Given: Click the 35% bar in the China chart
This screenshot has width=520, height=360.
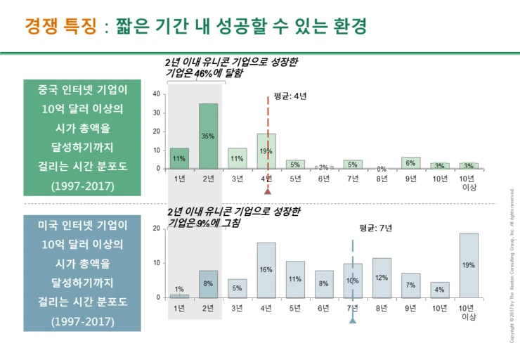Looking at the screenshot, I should point(208,136).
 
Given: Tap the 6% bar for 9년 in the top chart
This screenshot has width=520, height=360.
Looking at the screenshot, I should point(411,162).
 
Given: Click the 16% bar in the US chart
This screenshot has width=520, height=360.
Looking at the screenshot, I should point(266,270).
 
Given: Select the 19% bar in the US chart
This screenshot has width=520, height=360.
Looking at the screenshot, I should point(469,265).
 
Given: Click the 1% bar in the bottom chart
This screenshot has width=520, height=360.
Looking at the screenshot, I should point(179,296).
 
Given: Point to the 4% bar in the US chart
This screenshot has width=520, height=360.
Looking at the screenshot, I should point(440,290).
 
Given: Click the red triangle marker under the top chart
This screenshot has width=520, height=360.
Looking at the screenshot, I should point(268,190).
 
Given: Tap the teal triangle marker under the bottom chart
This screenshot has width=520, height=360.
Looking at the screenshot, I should point(353,321).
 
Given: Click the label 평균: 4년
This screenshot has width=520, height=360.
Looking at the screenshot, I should point(290,96).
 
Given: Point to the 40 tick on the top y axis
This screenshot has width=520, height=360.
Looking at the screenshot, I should point(156,94).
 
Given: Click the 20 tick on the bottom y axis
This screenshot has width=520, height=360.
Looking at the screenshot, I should point(156,229).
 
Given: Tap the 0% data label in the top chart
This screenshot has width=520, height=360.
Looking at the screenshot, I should point(382,169).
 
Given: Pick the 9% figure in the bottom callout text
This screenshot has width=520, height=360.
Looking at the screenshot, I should point(204,223).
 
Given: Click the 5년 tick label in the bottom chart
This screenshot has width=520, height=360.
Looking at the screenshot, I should point(295,308).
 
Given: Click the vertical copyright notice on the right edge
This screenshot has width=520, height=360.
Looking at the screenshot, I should point(512,264).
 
